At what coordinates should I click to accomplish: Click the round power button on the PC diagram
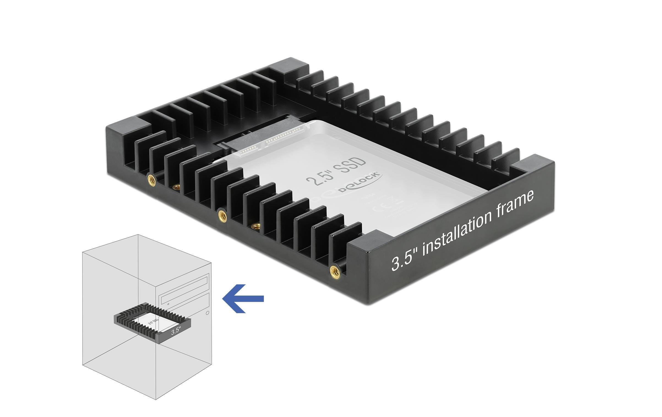(x=207, y=313)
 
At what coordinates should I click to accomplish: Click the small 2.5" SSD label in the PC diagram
(x=153, y=321)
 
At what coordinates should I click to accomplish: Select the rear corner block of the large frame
(x=289, y=66)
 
